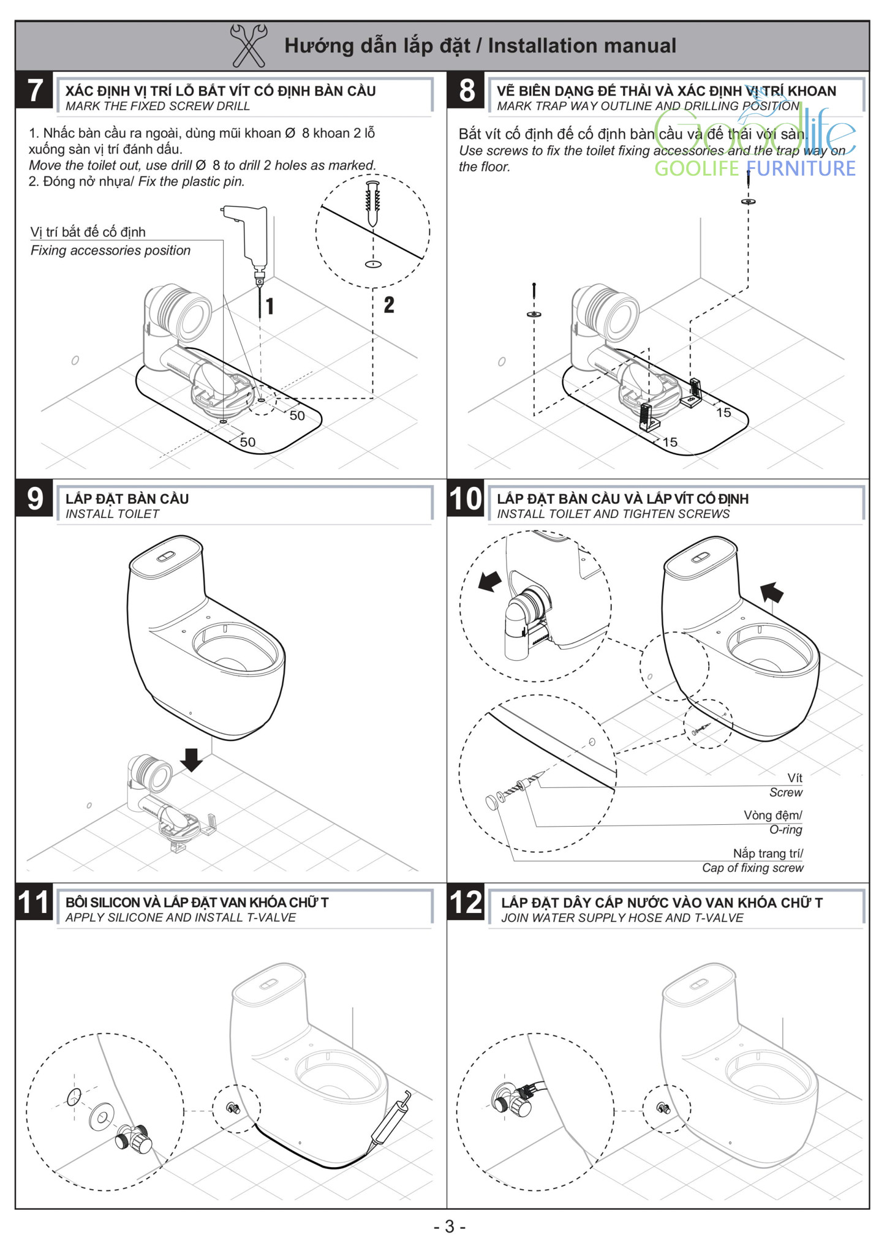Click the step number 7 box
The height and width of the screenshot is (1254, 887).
(35, 91)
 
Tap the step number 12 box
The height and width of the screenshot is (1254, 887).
(466, 903)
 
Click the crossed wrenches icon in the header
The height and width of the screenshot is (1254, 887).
(248, 45)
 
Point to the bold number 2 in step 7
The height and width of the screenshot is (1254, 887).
(389, 304)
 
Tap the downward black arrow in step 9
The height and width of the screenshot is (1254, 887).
(192, 759)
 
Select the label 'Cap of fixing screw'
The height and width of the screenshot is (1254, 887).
(752, 868)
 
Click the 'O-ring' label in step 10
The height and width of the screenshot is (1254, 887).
(785, 830)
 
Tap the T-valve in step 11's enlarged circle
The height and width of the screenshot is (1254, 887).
(134, 1139)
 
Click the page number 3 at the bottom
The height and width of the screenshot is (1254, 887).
(450, 1226)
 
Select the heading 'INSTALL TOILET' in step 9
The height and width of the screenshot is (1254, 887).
(112, 514)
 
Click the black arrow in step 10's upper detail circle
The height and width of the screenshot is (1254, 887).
(489, 581)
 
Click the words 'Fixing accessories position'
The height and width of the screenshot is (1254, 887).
(110, 250)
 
